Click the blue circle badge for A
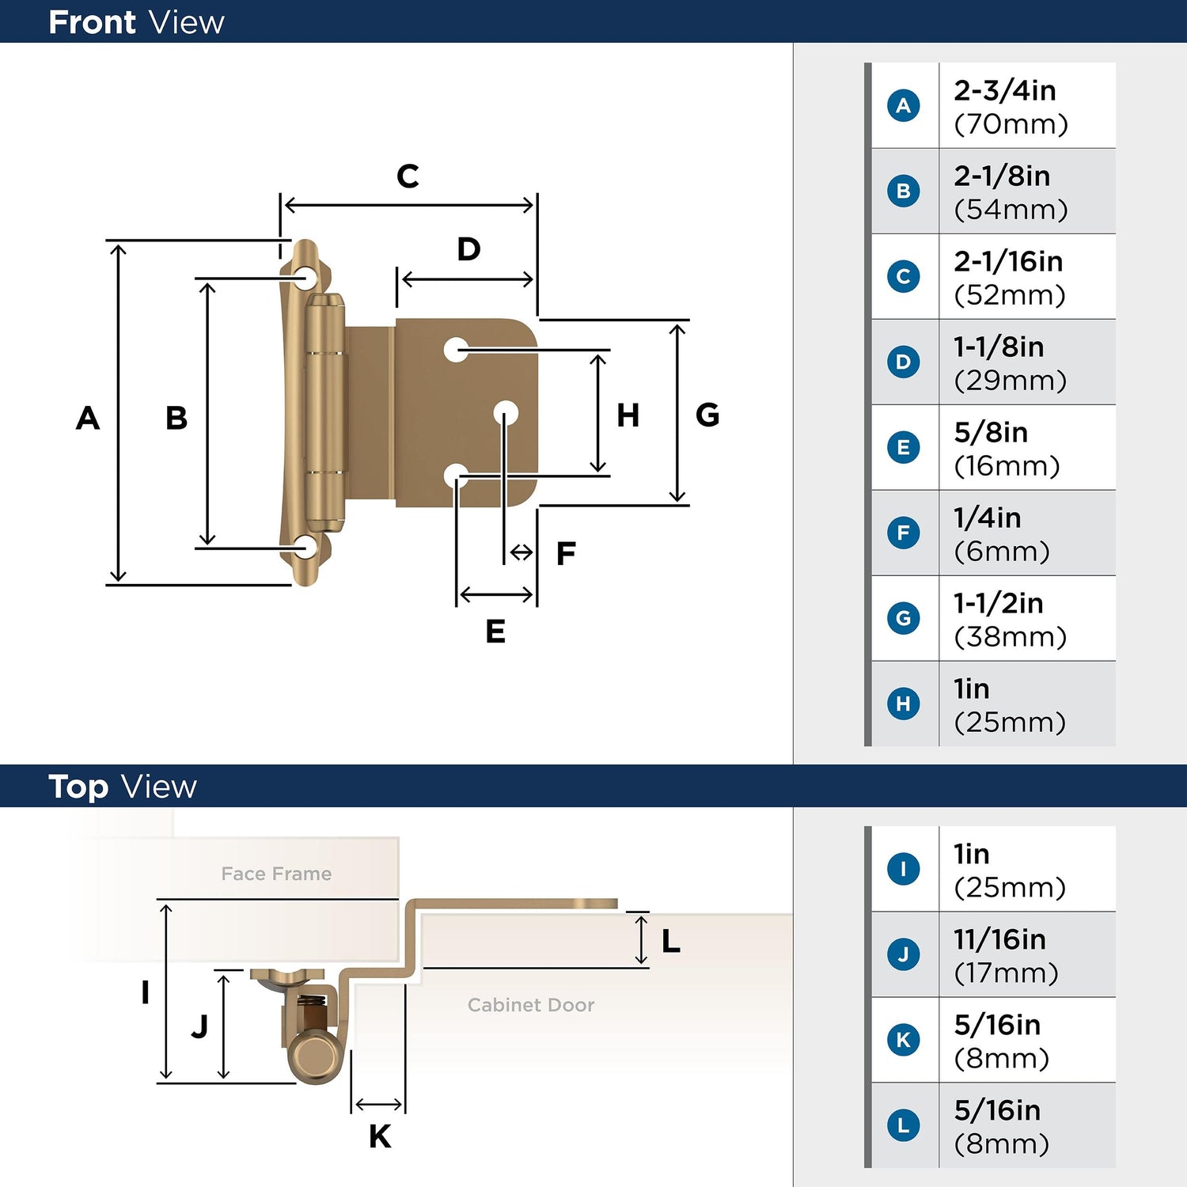(x=903, y=105)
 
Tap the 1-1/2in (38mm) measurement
(x=1010, y=619)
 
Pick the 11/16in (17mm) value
(x=1006, y=955)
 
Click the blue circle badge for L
(x=903, y=1125)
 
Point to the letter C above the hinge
(x=408, y=176)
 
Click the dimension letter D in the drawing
(x=468, y=249)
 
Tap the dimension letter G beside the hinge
(x=707, y=415)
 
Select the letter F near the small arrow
(x=566, y=553)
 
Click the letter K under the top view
(x=380, y=1136)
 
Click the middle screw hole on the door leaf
(x=506, y=412)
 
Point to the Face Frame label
(x=276, y=874)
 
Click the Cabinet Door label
(x=531, y=1005)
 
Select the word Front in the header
(x=93, y=22)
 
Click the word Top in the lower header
(x=78, y=787)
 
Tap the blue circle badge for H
(x=903, y=703)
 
